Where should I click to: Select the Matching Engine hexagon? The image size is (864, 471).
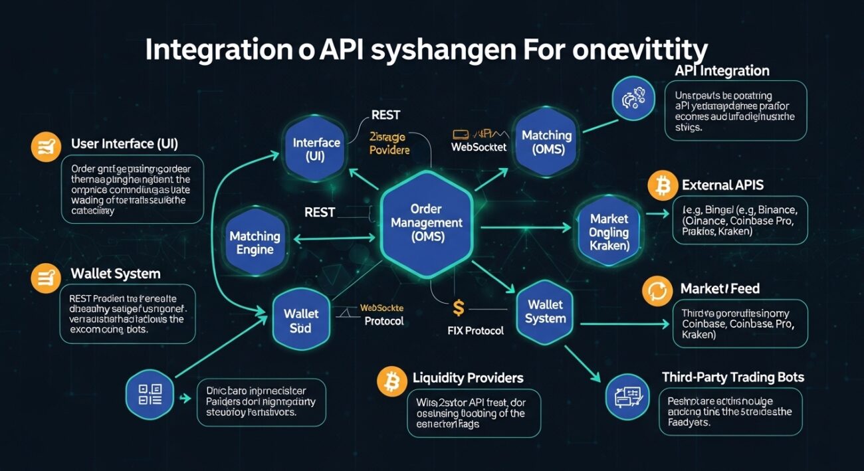(x=255, y=242)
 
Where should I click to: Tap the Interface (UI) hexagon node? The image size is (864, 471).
(x=316, y=149)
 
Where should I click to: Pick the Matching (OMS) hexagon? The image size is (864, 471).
(x=546, y=142)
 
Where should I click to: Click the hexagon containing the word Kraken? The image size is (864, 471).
(x=609, y=232)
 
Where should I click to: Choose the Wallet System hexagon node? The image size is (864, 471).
(x=545, y=312)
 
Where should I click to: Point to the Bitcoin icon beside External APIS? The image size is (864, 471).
(x=663, y=186)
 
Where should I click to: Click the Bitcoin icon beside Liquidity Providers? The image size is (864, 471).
(x=391, y=381)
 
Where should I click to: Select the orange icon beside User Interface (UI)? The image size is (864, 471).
(x=46, y=146)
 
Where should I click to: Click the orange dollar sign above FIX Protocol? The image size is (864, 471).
(x=458, y=308)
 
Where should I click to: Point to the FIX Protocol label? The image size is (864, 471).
(x=476, y=330)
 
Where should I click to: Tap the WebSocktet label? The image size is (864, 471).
(x=479, y=146)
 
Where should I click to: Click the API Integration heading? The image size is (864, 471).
(x=722, y=70)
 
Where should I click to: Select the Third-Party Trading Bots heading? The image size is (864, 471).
(x=732, y=377)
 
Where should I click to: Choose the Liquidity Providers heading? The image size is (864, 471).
(x=468, y=378)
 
